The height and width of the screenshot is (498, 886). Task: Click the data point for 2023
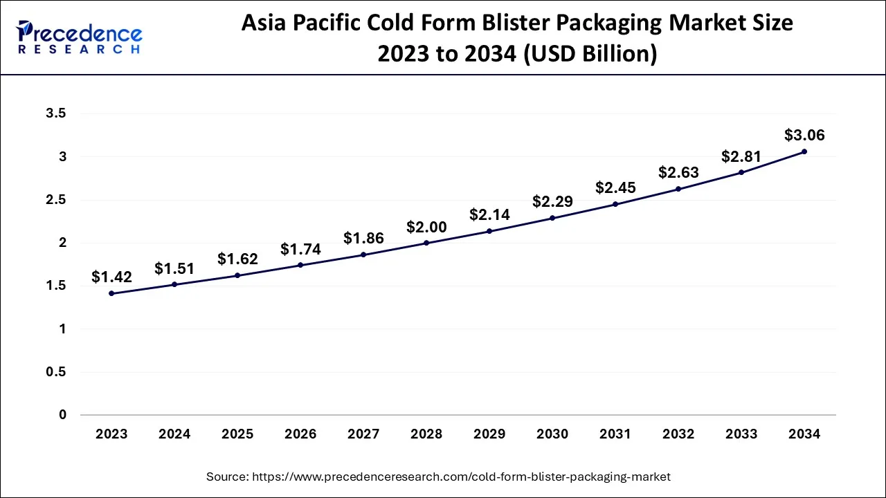111,293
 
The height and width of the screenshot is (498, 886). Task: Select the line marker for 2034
804,151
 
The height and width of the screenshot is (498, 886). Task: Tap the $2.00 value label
426,227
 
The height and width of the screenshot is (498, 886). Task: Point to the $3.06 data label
804,136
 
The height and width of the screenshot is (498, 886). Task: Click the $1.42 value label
111,277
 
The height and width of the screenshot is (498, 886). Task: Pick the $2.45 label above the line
615,188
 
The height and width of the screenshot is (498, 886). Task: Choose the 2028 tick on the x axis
426,434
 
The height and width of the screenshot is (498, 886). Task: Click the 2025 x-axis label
237,434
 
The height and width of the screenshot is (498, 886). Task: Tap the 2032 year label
678,434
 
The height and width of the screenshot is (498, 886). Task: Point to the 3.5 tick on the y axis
56,114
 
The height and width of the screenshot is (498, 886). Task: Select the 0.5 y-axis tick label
56,372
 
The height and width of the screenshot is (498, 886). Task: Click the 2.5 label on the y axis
56,200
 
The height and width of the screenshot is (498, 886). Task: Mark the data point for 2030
552,218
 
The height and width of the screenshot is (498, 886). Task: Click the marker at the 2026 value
300,265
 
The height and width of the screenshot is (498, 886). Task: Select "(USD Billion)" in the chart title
589,54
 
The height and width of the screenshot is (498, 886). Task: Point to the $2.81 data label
741,156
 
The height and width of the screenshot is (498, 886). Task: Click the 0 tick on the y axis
62,415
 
